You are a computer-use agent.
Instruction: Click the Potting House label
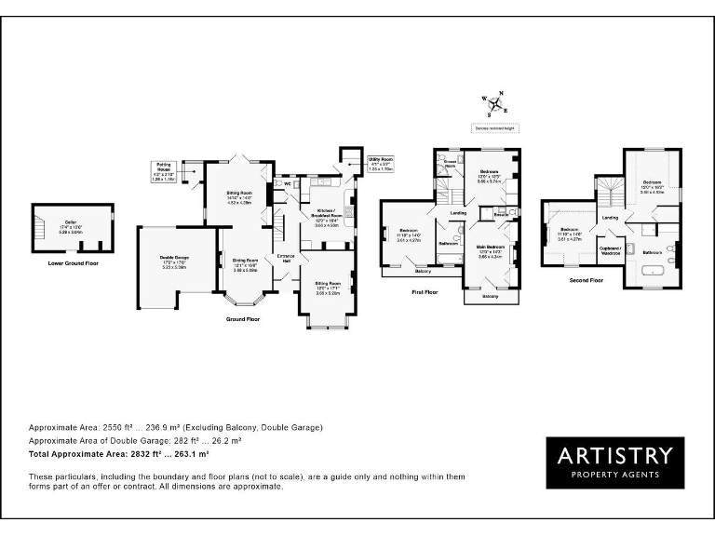click(x=162, y=172)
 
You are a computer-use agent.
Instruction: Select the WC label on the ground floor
click(x=288, y=183)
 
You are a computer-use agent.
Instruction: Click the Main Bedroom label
click(x=490, y=253)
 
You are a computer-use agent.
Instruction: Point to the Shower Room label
click(x=450, y=164)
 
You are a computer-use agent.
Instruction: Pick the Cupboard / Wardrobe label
click(x=610, y=249)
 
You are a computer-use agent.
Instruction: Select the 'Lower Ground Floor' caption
click(x=73, y=263)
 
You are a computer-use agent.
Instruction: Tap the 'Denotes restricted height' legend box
click(x=492, y=127)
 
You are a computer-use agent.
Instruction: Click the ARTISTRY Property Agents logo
click(x=614, y=462)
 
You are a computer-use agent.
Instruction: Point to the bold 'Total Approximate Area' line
click(x=119, y=455)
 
